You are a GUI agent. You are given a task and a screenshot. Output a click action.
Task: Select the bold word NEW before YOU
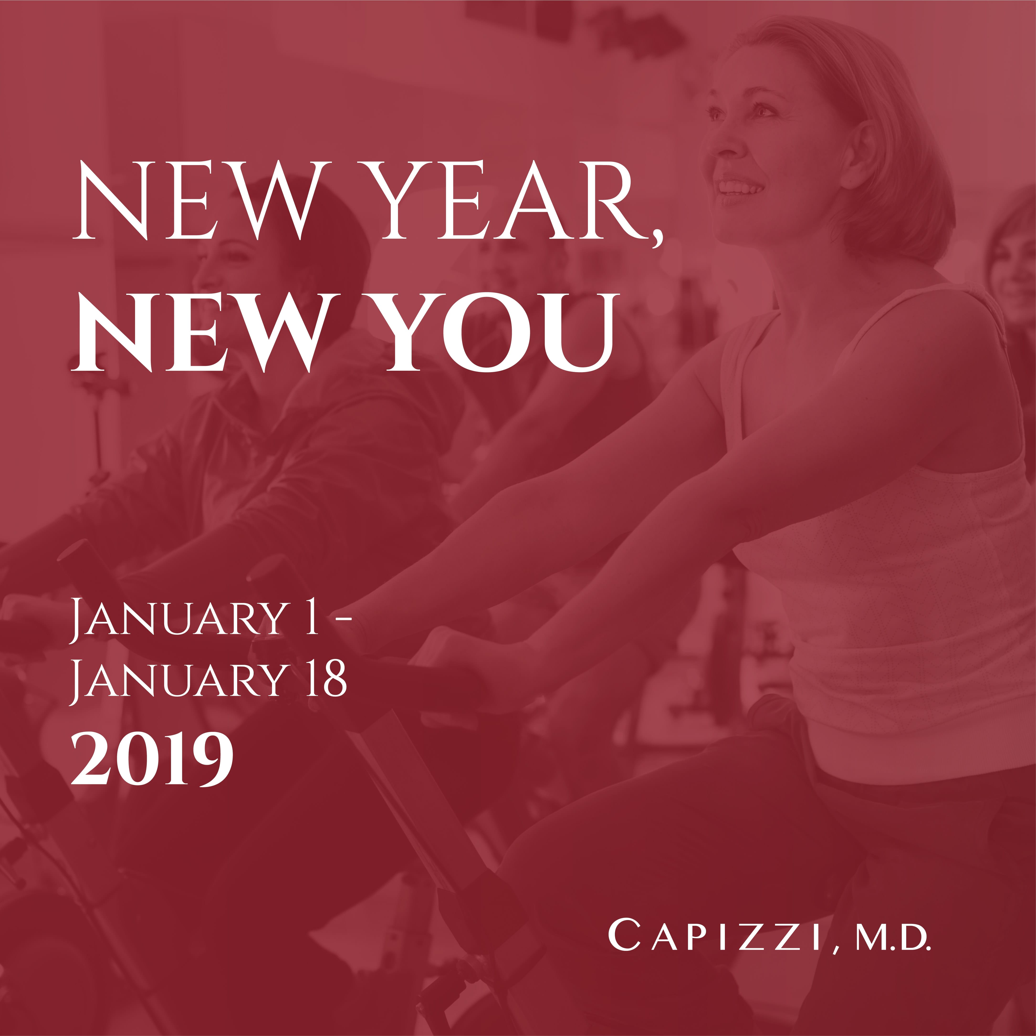[x=201, y=333]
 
